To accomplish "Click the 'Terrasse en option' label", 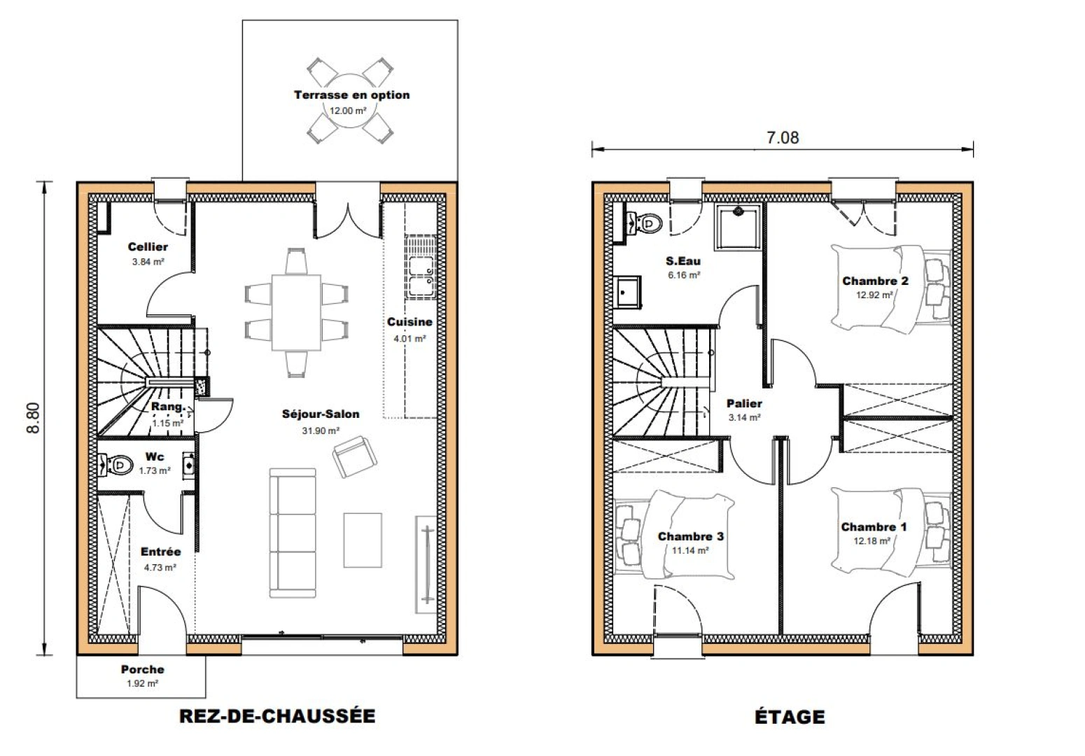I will [x=351, y=95].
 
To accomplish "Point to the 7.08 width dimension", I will [x=782, y=138].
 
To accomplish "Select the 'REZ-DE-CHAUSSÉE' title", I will [x=277, y=716].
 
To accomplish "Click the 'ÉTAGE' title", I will [x=789, y=717].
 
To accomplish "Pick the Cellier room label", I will [x=148, y=247].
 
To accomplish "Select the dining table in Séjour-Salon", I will [x=296, y=312].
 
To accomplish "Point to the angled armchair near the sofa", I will [x=354, y=456].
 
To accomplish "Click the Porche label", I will [x=142, y=670].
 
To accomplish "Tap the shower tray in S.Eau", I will [x=738, y=227].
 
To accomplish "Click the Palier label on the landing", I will [x=744, y=404].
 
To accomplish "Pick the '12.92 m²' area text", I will [x=874, y=295].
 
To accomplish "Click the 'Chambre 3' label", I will [x=690, y=537].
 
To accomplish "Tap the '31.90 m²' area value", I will [x=321, y=431].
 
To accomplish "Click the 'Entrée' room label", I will [x=160, y=552].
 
